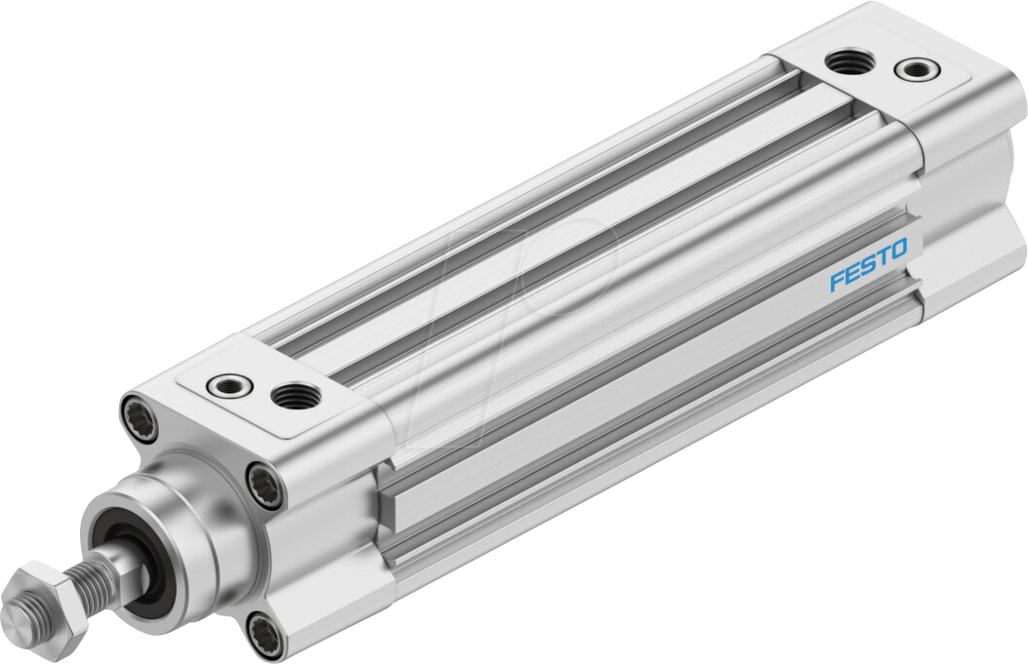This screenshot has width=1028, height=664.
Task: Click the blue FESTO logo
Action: point(868,264)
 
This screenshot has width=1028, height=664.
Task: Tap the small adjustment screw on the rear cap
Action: point(914,69)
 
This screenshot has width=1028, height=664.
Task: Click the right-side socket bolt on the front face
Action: point(263,485)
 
